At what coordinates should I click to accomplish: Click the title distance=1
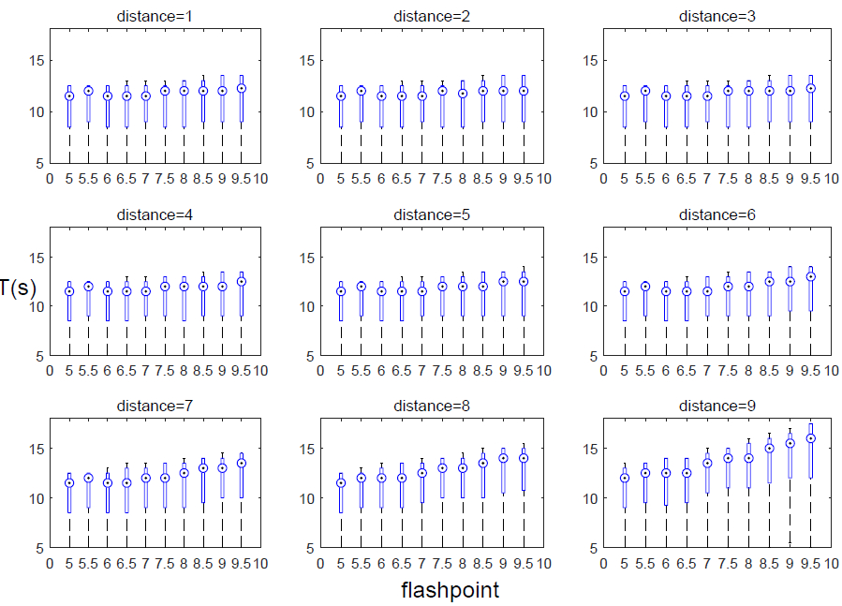[x=155, y=17]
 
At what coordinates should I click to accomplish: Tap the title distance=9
[x=719, y=406]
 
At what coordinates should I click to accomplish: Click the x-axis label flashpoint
[x=450, y=590]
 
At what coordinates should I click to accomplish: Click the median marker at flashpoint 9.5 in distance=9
[x=811, y=438]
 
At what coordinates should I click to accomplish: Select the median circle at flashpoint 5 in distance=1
[x=69, y=96]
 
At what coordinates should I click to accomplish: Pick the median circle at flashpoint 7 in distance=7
[x=146, y=478]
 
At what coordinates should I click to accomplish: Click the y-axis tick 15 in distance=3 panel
[x=594, y=60]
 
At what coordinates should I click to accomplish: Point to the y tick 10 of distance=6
[x=594, y=306]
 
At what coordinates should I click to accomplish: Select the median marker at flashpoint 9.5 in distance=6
[x=811, y=276]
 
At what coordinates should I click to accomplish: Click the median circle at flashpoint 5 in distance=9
[x=625, y=478]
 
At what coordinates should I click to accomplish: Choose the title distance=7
[x=155, y=406]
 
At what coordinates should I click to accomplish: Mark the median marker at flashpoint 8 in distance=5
[x=463, y=287]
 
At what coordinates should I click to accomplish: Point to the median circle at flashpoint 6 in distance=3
[x=666, y=96]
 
